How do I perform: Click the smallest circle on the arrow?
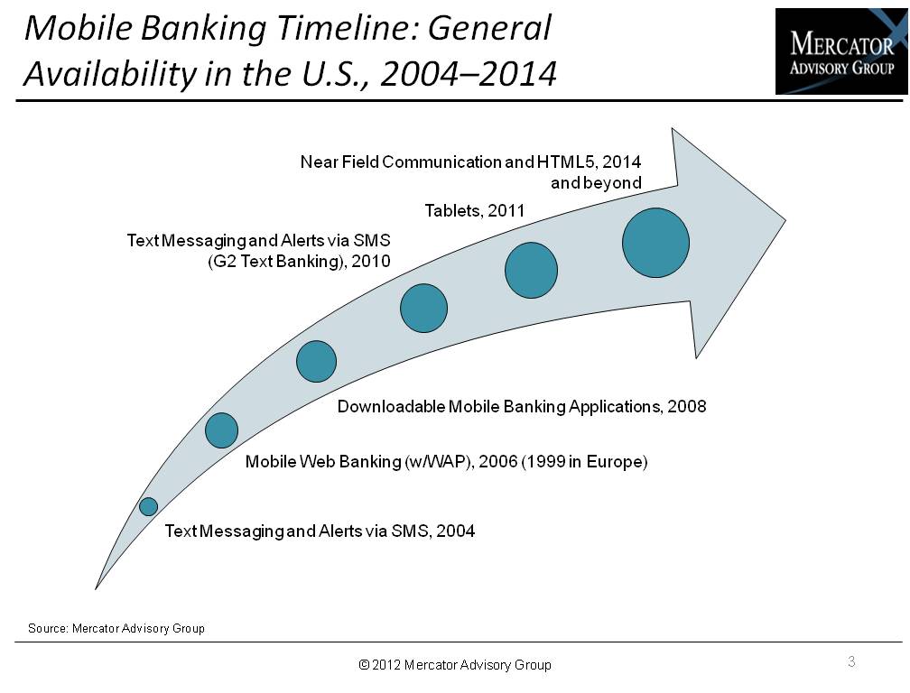[149, 506]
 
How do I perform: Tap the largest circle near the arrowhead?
[655, 243]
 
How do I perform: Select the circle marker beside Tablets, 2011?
[531, 270]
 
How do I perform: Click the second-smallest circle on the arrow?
[222, 430]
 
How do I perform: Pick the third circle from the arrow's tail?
[316, 361]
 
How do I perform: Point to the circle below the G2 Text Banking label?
[423, 308]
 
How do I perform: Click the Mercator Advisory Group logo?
[841, 51]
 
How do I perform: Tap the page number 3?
[851, 661]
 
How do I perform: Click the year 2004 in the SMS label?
[456, 531]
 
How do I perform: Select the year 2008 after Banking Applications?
[686, 406]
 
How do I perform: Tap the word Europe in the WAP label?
[617, 462]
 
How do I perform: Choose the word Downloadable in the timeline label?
[392, 406]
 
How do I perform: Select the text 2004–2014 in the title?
[469, 74]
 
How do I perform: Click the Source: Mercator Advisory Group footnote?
[116, 628]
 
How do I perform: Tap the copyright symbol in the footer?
[364, 665]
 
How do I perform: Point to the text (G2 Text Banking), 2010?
[299, 262]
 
